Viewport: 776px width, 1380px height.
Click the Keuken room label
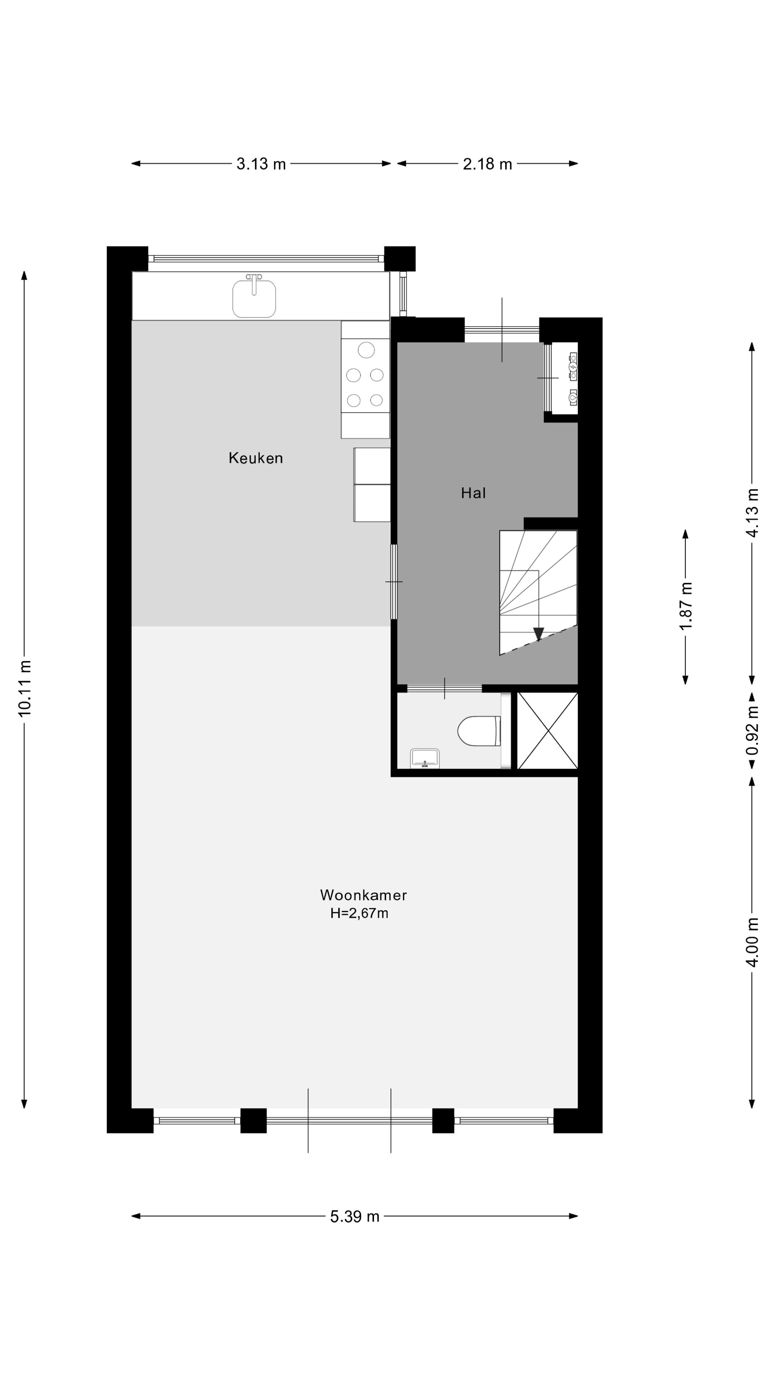[x=255, y=458]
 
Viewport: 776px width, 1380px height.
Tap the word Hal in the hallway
[x=474, y=493]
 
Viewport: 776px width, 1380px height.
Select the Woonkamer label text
[x=363, y=895]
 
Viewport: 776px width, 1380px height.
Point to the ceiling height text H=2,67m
[x=359, y=914]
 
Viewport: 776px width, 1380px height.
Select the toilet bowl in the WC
[x=478, y=731]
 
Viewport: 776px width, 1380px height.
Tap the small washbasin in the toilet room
[x=425, y=758]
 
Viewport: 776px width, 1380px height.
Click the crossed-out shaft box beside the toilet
[x=547, y=731]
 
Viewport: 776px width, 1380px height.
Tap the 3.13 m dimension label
[x=261, y=164]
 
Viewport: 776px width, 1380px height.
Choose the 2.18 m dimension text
[x=488, y=164]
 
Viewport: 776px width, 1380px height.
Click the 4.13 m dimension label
[x=752, y=512]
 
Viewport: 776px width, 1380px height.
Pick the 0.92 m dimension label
[x=752, y=731]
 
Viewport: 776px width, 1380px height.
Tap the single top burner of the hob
[x=366, y=350]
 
